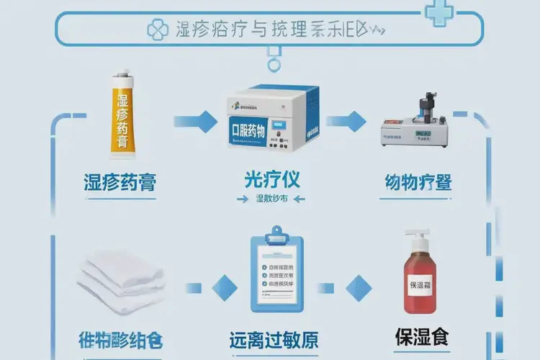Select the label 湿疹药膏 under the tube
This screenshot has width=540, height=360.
click(120, 181)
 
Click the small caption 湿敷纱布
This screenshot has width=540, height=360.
click(271, 199)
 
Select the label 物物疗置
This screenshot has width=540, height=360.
click(418, 181)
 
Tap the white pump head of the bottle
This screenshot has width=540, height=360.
click(417, 238)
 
